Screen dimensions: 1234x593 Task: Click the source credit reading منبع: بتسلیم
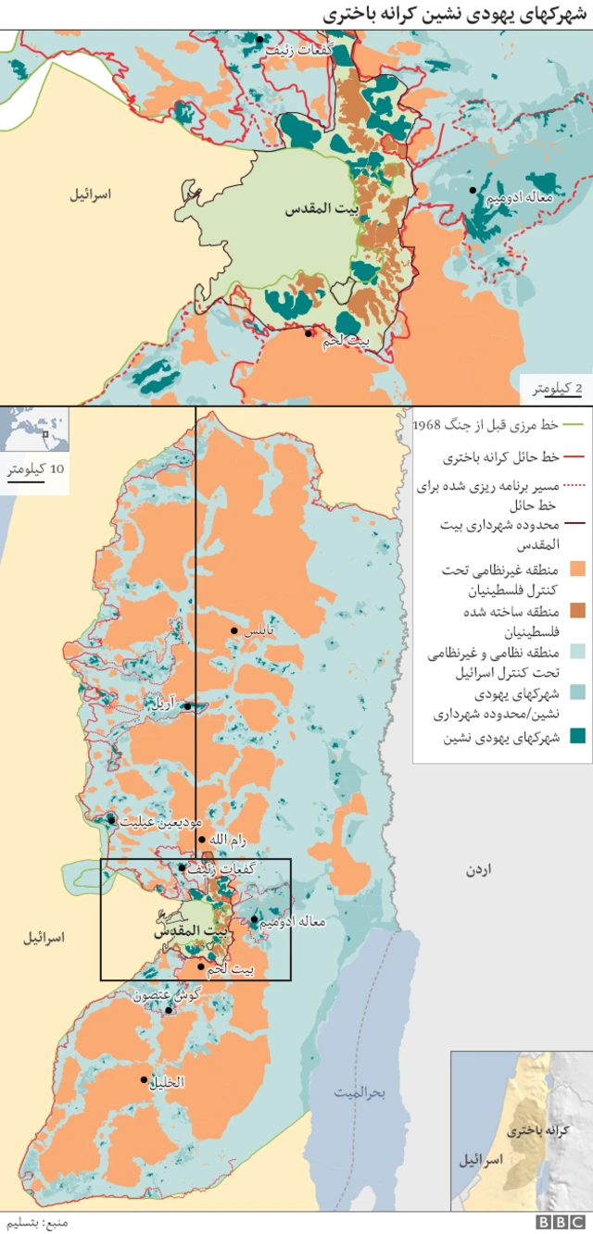tap(34, 1222)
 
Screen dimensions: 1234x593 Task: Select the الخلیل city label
tap(167, 1081)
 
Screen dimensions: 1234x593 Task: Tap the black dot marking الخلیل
tap(145, 1079)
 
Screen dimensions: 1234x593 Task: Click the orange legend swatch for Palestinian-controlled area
tap(580, 567)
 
